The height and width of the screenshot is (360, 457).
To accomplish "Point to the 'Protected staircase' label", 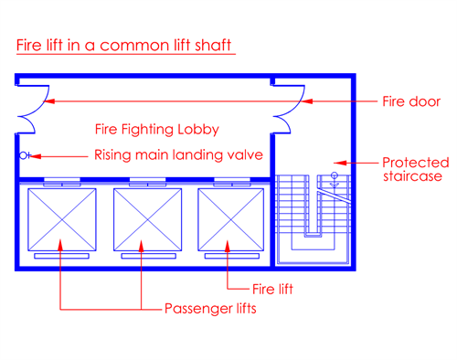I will pos(412,167).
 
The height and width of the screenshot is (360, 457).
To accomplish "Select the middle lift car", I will pos(143,217).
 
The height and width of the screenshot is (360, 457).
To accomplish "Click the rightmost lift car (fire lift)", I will pos(225,217).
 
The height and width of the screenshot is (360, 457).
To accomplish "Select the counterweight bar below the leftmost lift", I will pos(60,257).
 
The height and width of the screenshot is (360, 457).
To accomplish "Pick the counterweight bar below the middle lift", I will pos(143,257).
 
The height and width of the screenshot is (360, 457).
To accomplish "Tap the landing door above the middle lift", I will pos(143,181).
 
